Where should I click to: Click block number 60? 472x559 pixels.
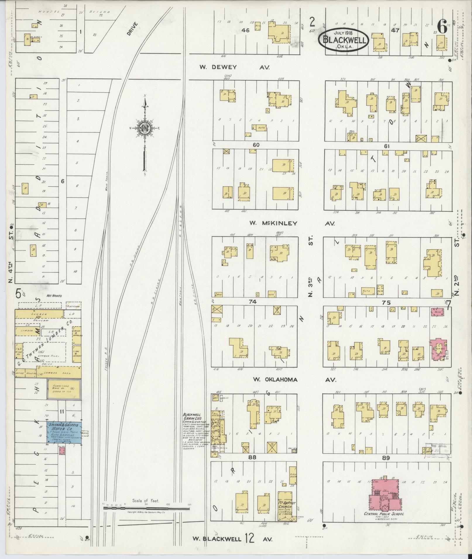pos(257,145)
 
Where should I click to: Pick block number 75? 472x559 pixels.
pos(386,303)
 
